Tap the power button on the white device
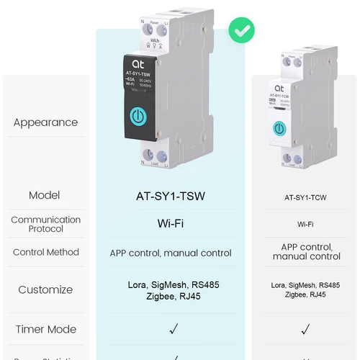[279, 128]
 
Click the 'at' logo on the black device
[139, 63]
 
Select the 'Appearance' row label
[45, 122]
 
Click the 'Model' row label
[45, 195]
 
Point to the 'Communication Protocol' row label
[45, 224]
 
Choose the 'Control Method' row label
[45, 253]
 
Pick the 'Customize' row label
[45, 289]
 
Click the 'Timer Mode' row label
[45, 329]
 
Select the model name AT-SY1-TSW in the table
[171, 195]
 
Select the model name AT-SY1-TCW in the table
[305, 197]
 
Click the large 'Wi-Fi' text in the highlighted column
[171, 224]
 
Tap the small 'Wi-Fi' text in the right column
[305, 225]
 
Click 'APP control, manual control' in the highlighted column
[171, 253]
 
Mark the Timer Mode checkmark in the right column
[305, 329]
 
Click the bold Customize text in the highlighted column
[171, 289]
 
